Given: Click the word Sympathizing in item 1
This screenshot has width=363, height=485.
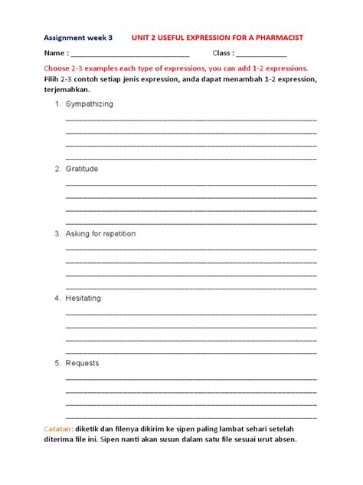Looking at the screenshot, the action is point(90,104).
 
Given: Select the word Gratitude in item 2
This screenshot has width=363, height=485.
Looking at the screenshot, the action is point(82,168).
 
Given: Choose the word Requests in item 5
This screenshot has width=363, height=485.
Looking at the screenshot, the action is point(82,363).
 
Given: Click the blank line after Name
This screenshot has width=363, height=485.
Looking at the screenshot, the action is point(130,54).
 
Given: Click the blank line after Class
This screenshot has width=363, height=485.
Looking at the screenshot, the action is point(261,54).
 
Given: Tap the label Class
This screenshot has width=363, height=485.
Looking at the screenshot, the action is point(222,53).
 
